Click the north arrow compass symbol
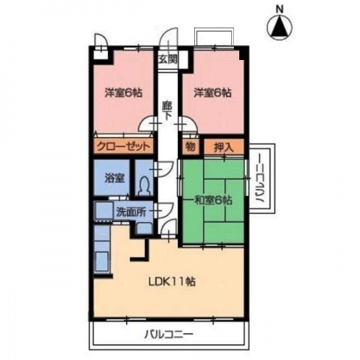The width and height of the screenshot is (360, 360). [x=279, y=28]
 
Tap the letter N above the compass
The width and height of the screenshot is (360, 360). [x=279, y=8]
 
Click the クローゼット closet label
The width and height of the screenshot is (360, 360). [x=124, y=146]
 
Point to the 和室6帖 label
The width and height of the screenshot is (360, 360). [x=212, y=200]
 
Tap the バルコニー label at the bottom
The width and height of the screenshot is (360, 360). [x=167, y=334]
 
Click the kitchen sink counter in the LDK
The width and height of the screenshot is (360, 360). [x=102, y=259]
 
